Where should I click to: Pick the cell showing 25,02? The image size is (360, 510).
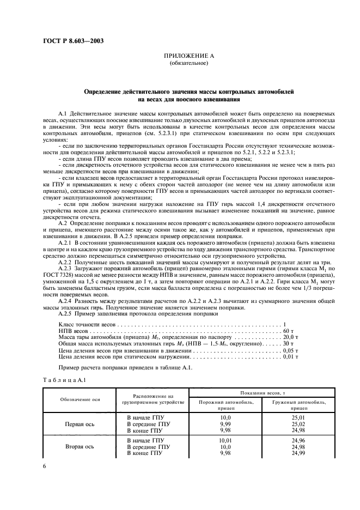[298, 423]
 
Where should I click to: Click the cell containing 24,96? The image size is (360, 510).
[298, 439]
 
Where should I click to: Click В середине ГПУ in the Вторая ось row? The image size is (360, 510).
[149, 446]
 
